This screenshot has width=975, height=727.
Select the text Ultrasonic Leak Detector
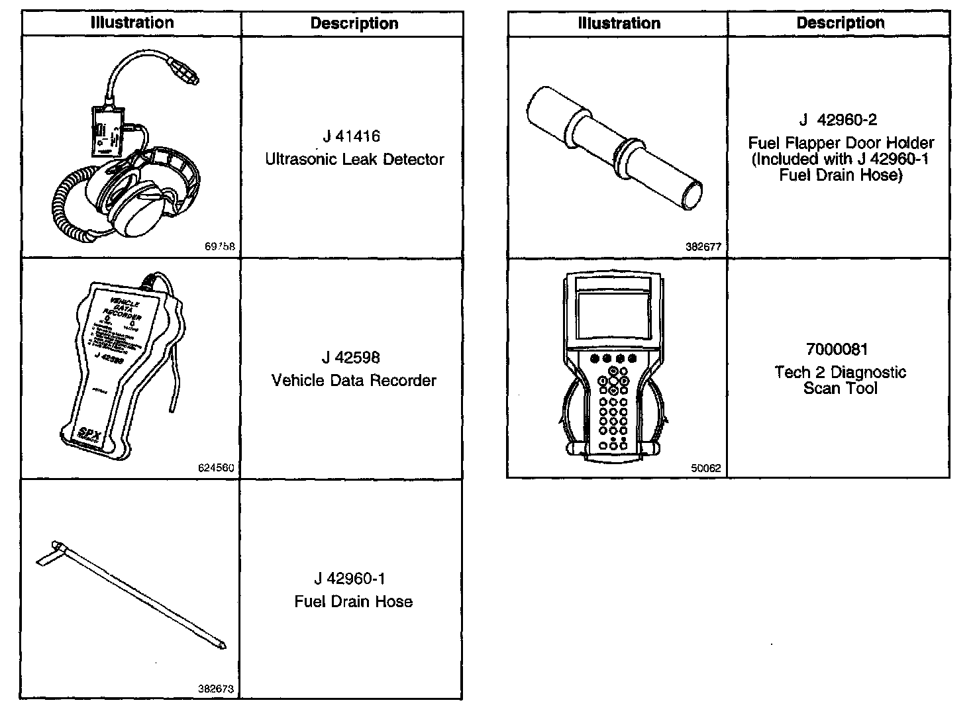(x=354, y=160)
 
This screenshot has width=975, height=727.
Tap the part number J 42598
(x=350, y=358)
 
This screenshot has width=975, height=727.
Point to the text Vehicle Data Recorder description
(x=354, y=381)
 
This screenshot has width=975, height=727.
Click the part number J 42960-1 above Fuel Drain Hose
(x=350, y=579)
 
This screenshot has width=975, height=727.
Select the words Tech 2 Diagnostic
(x=840, y=372)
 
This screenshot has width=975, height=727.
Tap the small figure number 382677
(x=703, y=247)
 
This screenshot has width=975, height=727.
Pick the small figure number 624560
(x=216, y=467)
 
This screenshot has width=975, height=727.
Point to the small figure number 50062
(x=705, y=467)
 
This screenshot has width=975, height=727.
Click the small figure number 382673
(x=216, y=689)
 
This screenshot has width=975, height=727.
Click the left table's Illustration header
(x=132, y=23)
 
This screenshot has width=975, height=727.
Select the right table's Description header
(x=840, y=23)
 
